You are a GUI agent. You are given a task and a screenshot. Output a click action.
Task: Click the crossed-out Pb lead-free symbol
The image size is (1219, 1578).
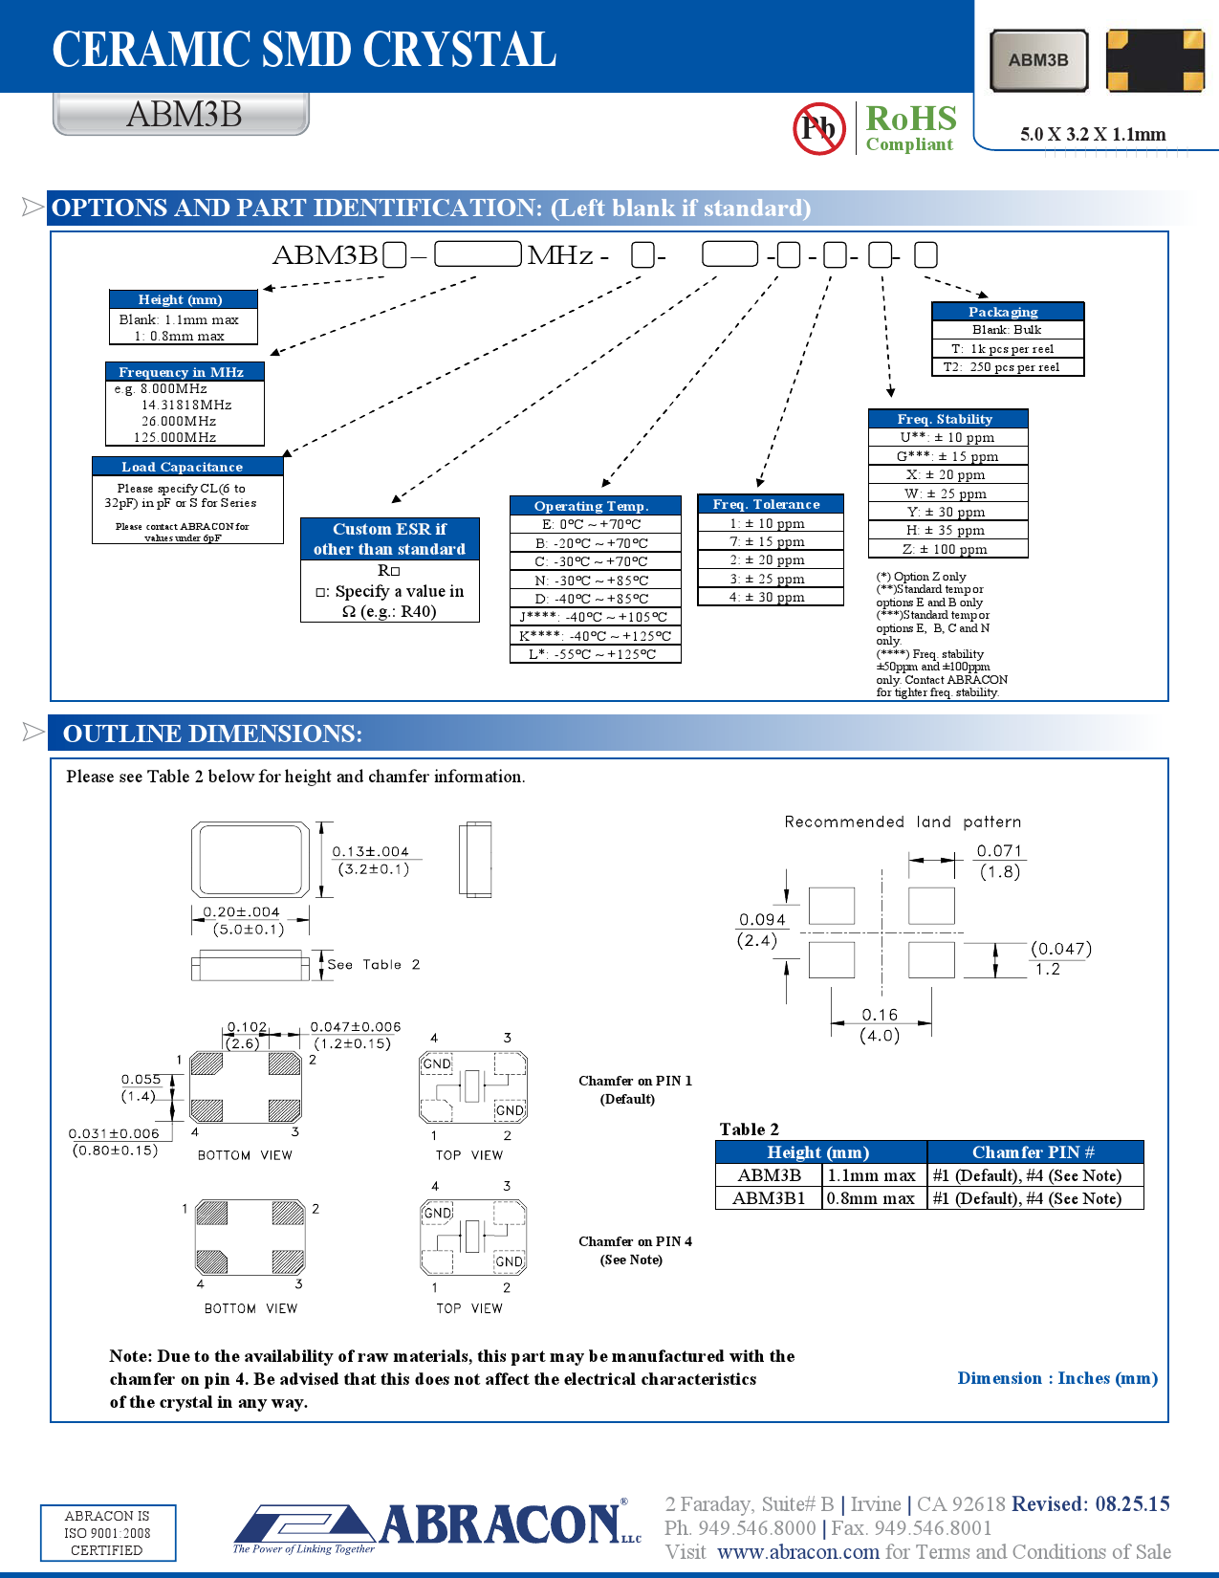(x=818, y=128)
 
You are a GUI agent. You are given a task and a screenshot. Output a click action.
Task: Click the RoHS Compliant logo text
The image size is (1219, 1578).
(x=910, y=128)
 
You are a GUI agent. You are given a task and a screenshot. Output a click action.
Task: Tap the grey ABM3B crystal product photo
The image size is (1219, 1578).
(x=1039, y=60)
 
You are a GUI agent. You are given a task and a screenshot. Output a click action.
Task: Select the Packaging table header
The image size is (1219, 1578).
(x=1007, y=312)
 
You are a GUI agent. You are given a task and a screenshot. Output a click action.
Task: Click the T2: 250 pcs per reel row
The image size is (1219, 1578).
(x=1007, y=367)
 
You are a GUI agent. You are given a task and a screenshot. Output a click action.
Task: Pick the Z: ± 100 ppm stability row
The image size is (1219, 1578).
(x=947, y=549)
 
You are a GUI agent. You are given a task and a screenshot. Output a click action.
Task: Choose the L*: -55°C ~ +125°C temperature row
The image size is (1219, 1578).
(x=595, y=654)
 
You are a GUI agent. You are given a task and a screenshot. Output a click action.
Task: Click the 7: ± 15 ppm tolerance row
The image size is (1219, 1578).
(x=770, y=541)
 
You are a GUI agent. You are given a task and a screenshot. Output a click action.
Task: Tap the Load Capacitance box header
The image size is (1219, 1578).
(x=187, y=467)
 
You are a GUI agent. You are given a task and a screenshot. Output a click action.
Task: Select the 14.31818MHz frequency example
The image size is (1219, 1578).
(x=186, y=405)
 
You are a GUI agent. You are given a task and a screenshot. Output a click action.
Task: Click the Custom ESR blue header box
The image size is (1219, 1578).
(x=389, y=538)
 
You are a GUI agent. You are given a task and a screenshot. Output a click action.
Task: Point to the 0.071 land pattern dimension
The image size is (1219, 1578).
(x=999, y=850)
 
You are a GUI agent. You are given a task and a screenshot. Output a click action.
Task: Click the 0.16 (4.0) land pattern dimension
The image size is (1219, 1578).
(x=880, y=1024)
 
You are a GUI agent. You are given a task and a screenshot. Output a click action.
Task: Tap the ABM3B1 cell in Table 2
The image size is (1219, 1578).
(x=769, y=1198)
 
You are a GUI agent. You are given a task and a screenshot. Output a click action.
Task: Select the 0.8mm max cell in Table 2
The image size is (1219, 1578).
(x=872, y=1198)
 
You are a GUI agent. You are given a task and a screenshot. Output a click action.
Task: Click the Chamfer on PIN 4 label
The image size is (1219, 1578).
(x=634, y=1242)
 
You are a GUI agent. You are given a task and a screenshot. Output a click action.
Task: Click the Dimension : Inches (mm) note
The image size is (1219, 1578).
(x=1057, y=1378)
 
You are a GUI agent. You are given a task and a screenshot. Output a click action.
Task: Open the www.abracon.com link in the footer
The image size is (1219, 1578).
(x=797, y=1552)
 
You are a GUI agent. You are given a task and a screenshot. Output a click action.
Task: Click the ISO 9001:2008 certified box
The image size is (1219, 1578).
(x=107, y=1532)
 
